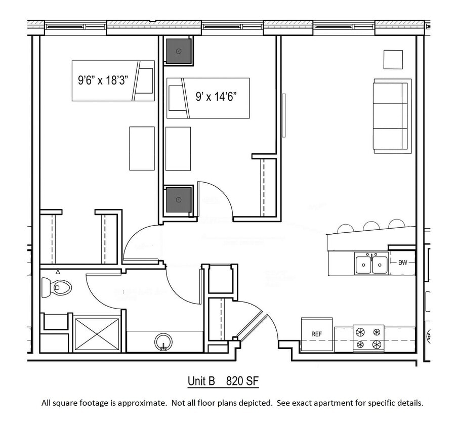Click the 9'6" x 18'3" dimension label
point(103,80)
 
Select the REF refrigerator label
point(317,334)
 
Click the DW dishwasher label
point(403,263)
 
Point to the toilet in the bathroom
point(57,287)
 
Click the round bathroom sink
point(163,341)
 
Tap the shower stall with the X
point(97,334)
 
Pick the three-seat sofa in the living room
point(391,116)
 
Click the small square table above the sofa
point(393,59)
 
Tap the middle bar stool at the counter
point(371,226)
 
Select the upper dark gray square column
point(179,51)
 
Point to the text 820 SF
point(242,381)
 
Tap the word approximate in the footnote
point(143,403)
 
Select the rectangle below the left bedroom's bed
point(142,148)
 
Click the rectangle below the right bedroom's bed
point(178,148)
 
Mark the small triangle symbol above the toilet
point(58,272)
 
